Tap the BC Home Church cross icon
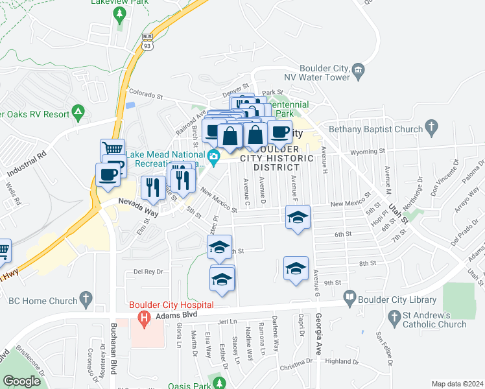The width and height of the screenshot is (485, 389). [84, 300]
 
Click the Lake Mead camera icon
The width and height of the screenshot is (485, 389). [213, 156]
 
